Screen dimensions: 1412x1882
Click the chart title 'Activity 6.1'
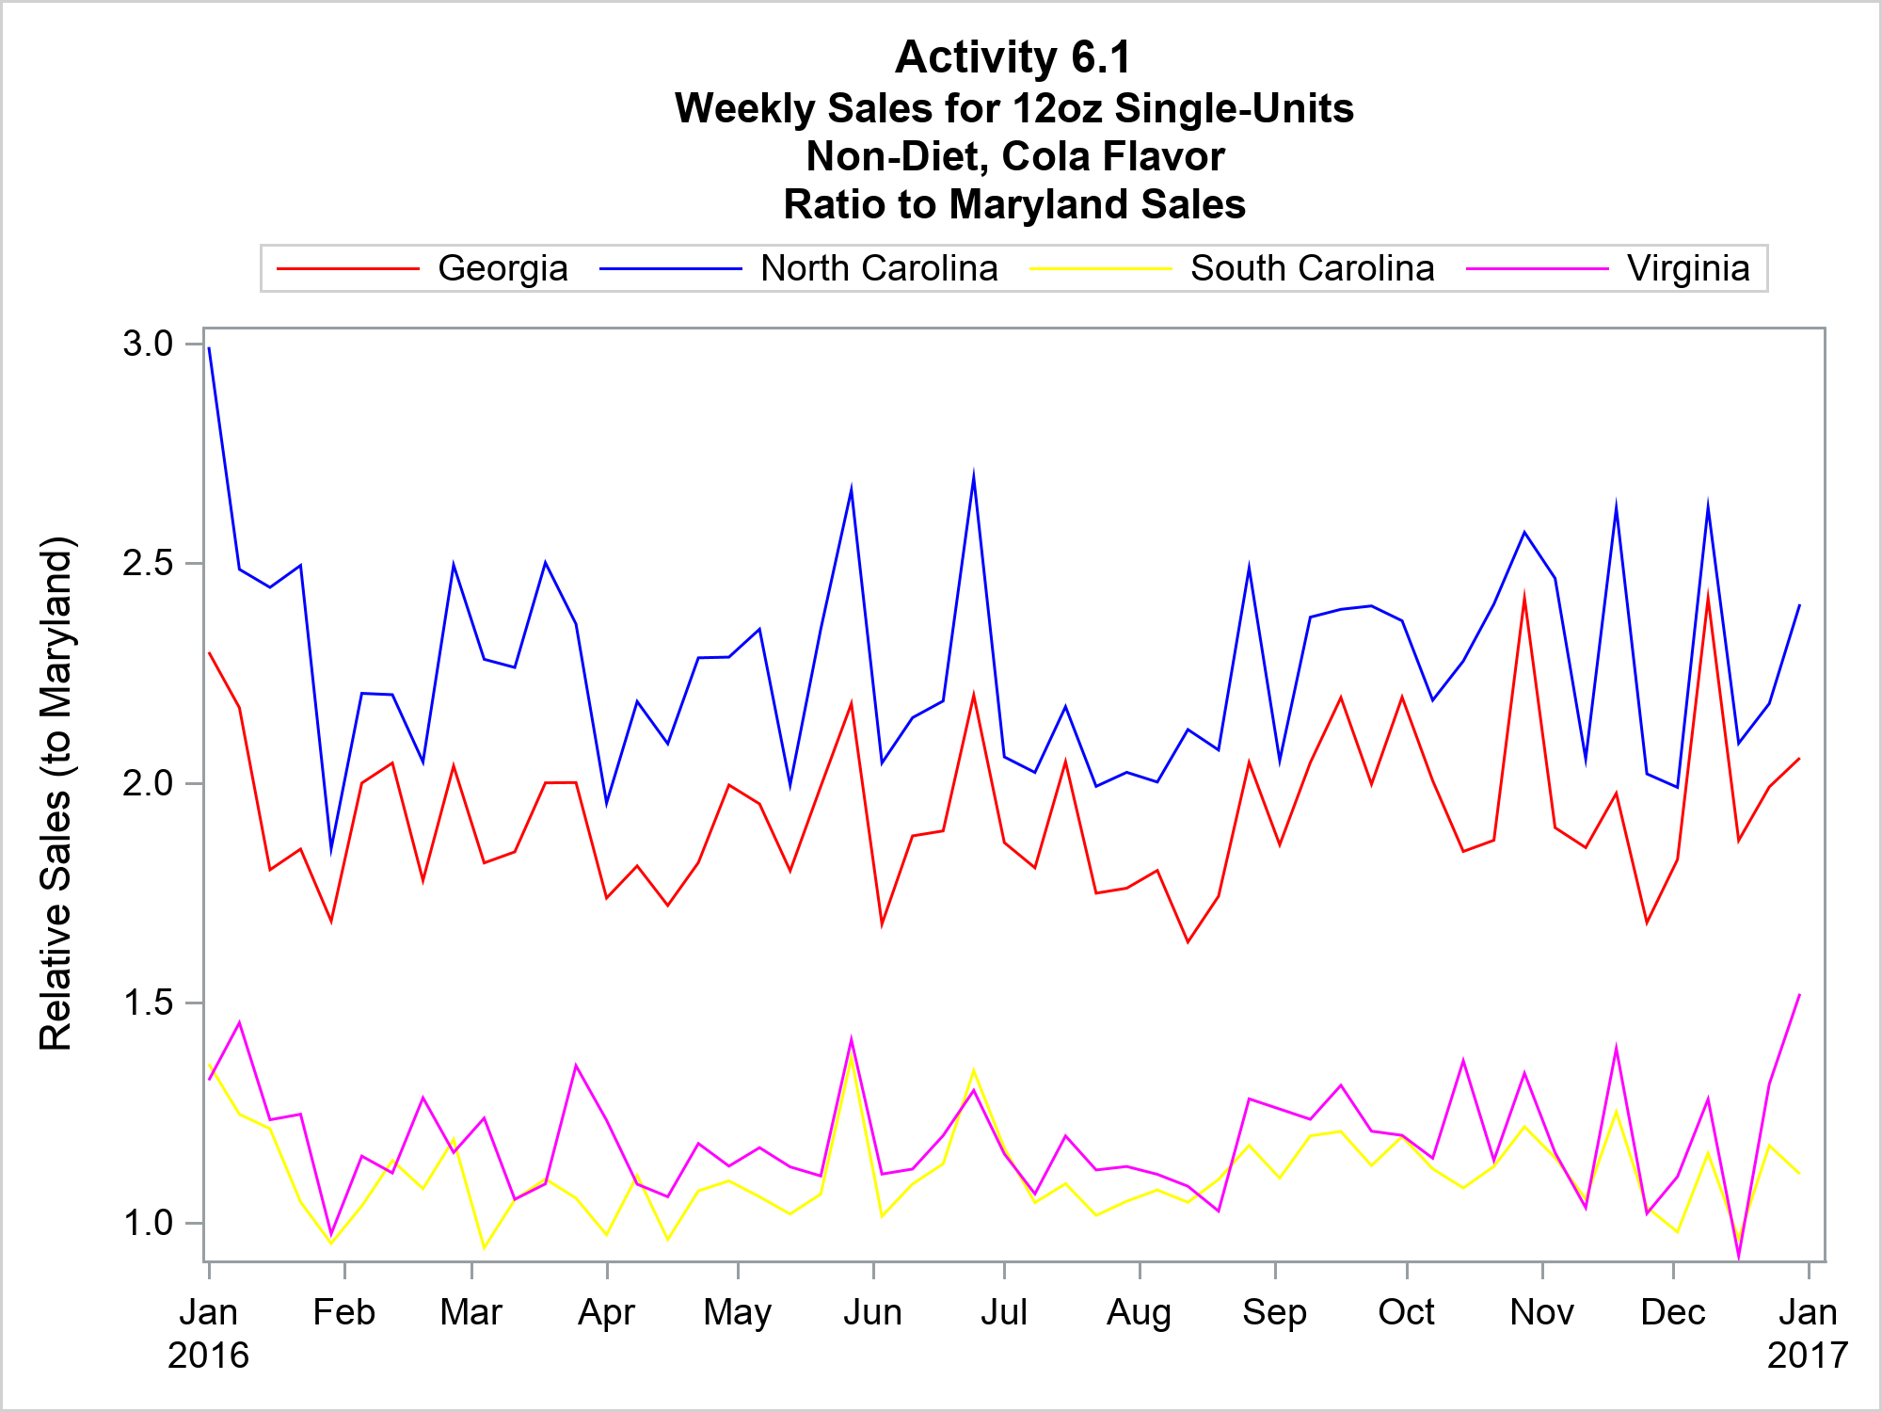pos(1013,57)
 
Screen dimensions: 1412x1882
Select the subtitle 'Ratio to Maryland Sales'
pos(1014,204)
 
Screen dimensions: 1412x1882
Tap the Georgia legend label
pos(502,268)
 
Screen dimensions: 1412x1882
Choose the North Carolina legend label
pos(879,268)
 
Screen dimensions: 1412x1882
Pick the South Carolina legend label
pos(1313,268)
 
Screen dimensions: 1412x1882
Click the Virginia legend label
pos(1688,268)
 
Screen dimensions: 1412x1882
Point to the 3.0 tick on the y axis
pos(148,344)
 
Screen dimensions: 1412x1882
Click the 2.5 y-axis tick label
pos(148,563)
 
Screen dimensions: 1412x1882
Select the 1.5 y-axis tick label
pos(148,1003)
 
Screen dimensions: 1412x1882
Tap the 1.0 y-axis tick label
pos(148,1223)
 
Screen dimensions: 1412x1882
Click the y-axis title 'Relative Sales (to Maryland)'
pos(56,793)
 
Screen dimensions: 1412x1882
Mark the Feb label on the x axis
pos(344,1312)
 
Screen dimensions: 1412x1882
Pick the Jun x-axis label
pos(873,1312)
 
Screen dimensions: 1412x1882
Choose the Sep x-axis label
pos(1274,1312)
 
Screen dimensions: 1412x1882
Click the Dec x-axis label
pos(1673,1312)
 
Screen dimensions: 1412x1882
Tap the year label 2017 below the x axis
pos(1807,1356)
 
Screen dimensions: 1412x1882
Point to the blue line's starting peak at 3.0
pos(209,348)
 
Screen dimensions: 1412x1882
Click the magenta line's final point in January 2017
pos(1799,995)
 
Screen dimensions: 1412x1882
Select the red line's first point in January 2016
pos(209,652)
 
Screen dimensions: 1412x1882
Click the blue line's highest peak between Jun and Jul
pos(974,474)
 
